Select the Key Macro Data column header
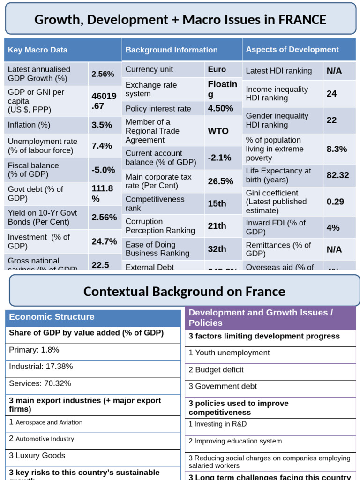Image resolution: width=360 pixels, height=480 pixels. tap(38, 50)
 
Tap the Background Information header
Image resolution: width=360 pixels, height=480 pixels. tap(172, 50)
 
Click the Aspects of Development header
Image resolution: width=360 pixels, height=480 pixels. tap(292, 49)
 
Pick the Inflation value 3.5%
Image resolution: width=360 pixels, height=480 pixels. tap(102, 125)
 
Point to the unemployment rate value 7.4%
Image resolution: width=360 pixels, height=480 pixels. tap(102, 146)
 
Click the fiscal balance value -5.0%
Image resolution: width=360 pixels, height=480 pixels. tap(103, 170)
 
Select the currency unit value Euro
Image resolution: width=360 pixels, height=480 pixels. tap(217, 69)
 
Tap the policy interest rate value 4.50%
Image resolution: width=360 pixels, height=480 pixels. tap(220, 108)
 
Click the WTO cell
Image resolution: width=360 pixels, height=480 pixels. tap(218, 131)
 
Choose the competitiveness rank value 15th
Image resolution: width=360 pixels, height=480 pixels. tap(217, 203)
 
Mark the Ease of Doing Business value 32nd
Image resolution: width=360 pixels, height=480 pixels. tap(217, 249)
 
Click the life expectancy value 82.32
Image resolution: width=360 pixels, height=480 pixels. tap(337, 175)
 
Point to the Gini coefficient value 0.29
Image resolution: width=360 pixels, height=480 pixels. tap(335, 202)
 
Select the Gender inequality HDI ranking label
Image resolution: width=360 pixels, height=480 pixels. tap(277, 120)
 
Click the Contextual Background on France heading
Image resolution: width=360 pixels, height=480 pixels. tap(184, 292)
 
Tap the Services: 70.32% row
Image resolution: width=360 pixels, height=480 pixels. tap(40, 383)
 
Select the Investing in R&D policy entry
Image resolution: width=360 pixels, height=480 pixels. tap(217, 424)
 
